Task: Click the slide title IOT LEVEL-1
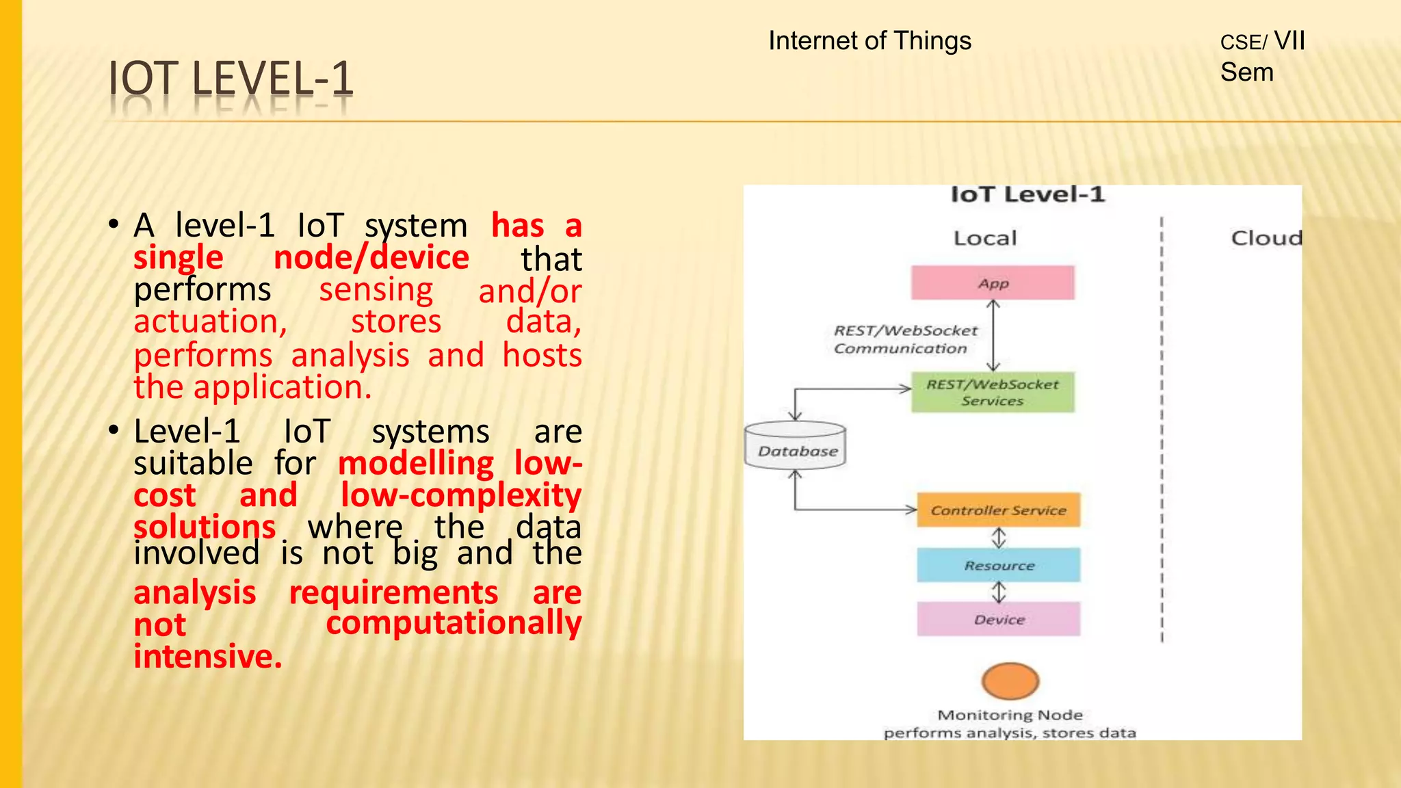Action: [x=231, y=79]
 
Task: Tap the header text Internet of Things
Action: [x=869, y=41]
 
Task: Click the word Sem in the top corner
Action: [x=1246, y=73]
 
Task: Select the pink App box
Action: [x=993, y=283]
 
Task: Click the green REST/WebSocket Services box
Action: [x=993, y=392]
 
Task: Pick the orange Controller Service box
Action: [x=998, y=510]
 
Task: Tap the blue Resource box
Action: [x=999, y=565]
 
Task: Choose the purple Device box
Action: [x=999, y=619]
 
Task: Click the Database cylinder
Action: [x=796, y=446]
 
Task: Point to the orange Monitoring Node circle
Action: [x=1010, y=681]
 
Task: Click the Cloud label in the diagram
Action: [x=1266, y=238]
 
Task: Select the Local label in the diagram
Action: [x=985, y=238]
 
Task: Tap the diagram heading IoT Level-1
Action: [x=1027, y=195]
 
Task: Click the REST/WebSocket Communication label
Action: [x=904, y=339]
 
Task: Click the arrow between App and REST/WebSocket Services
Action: [x=993, y=336]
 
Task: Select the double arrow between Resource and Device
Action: [x=999, y=592]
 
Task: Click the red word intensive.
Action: [x=207, y=657]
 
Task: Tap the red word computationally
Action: [x=453, y=622]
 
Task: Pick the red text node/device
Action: [x=371, y=258]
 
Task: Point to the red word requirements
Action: [x=393, y=592]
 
